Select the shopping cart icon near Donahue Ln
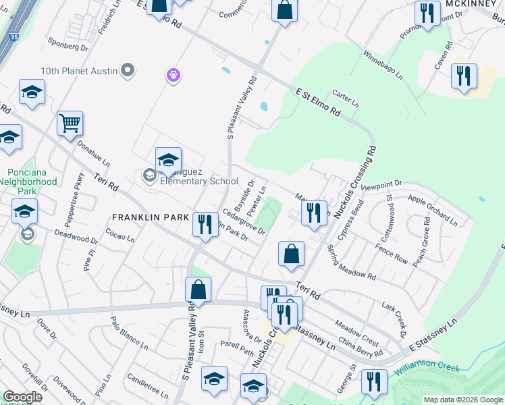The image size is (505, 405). pyautogui.click(x=70, y=124)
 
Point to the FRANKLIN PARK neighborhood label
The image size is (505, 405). pyautogui.click(x=143, y=218)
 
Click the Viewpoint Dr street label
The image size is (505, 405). pyautogui.click(x=381, y=184)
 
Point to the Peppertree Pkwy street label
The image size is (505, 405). pyautogui.click(x=80, y=190)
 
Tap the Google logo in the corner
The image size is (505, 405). pyautogui.click(x=22, y=397)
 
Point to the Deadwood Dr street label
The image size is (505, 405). pyautogui.click(x=76, y=238)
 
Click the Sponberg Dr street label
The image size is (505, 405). pyautogui.click(x=68, y=47)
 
